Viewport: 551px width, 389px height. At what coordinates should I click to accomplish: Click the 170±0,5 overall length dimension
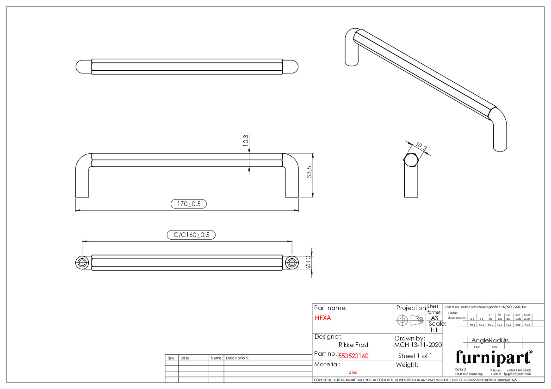[189, 204]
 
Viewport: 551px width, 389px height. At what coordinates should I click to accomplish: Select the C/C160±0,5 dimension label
[191, 235]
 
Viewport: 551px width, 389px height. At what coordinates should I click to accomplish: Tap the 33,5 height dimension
[310, 172]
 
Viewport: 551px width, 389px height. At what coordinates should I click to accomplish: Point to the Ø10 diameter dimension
[308, 262]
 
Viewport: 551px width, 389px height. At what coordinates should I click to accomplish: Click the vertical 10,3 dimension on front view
[246, 140]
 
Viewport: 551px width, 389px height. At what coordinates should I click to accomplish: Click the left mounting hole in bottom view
[82, 263]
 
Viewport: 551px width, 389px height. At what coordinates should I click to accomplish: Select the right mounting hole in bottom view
[291, 263]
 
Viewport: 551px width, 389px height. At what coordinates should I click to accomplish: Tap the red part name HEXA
[323, 318]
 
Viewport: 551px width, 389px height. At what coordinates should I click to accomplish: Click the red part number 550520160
[353, 356]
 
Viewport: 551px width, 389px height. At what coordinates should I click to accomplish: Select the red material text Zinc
[353, 372]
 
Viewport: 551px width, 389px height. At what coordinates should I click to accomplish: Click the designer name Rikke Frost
[353, 345]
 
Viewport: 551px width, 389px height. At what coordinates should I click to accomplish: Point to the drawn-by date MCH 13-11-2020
[418, 345]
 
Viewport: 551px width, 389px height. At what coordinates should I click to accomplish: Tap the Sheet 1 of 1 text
[415, 356]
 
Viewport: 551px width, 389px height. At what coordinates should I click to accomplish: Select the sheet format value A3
[434, 318]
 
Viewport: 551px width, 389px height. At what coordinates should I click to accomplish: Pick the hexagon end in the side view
[411, 160]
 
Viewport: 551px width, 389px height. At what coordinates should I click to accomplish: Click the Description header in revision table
[237, 358]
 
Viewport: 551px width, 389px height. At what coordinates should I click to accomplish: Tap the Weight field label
[407, 365]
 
